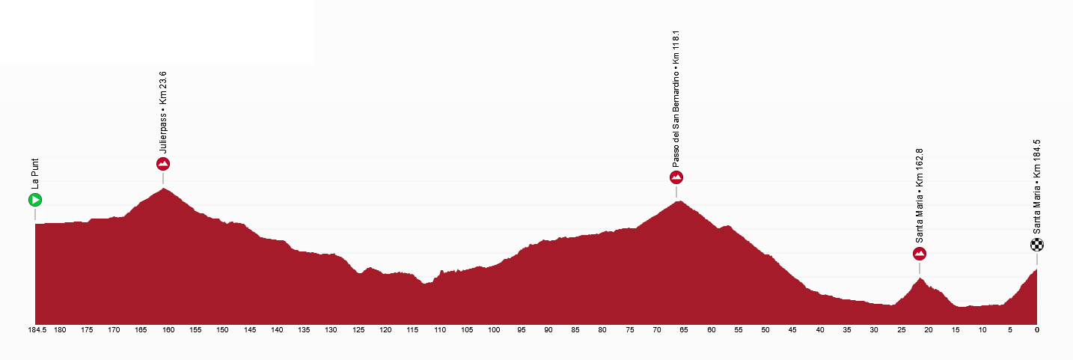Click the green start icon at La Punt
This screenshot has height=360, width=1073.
(x=34, y=200)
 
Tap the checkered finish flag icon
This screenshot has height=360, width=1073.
(x=1036, y=245)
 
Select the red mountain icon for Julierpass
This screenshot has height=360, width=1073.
(x=163, y=164)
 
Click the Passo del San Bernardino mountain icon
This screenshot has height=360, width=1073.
(x=676, y=177)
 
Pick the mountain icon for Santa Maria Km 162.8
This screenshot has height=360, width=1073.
(x=920, y=254)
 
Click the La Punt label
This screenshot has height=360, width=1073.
(x=34, y=174)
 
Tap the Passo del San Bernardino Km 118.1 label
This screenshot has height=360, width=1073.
(x=676, y=99)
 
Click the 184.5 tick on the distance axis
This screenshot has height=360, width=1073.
(x=37, y=330)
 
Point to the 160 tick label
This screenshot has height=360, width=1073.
(x=168, y=330)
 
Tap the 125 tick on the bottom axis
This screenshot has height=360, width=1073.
(x=358, y=330)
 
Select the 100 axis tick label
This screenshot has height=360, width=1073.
(x=494, y=330)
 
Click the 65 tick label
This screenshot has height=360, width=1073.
(x=684, y=330)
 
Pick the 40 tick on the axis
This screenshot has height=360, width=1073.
(x=820, y=330)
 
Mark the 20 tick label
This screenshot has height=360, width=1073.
(x=929, y=330)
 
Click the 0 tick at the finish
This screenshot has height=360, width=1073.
(x=1036, y=330)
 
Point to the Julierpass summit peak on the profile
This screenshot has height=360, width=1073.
(x=163, y=189)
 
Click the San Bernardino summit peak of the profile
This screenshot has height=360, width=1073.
(x=678, y=201)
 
